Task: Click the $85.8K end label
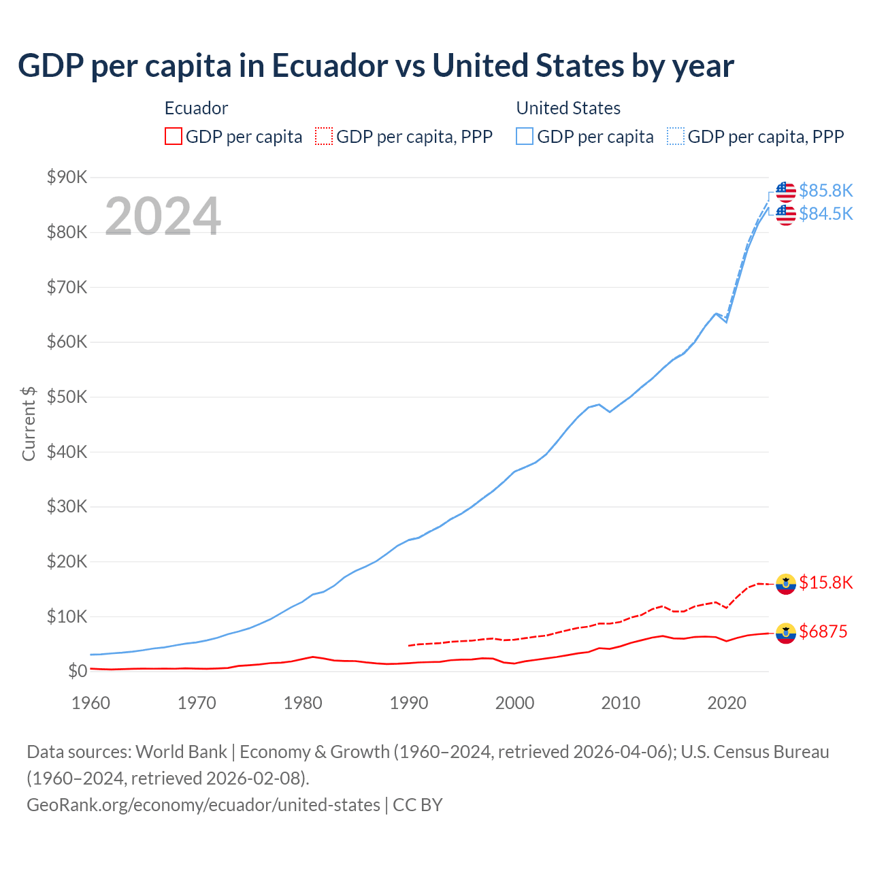tap(825, 191)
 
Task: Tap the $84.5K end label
tap(825, 214)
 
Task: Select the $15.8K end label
tap(825, 582)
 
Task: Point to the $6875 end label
tap(823, 631)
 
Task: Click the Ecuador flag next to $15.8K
tap(786, 583)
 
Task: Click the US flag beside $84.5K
tap(786, 214)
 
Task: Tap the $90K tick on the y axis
tap(67, 178)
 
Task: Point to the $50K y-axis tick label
tap(67, 397)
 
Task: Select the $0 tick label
tap(78, 672)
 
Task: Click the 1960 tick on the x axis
tap(91, 703)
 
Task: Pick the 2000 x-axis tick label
tap(514, 703)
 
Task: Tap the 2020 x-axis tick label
tap(727, 703)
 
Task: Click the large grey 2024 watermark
tap(163, 216)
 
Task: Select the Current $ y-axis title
tap(29, 423)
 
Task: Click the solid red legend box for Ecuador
tap(174, 136)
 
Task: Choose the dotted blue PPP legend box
tap(676, 136)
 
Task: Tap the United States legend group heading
tap(568, 108)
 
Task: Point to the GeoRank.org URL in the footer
tap(203, 805)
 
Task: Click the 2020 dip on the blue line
tap(726, 321)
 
